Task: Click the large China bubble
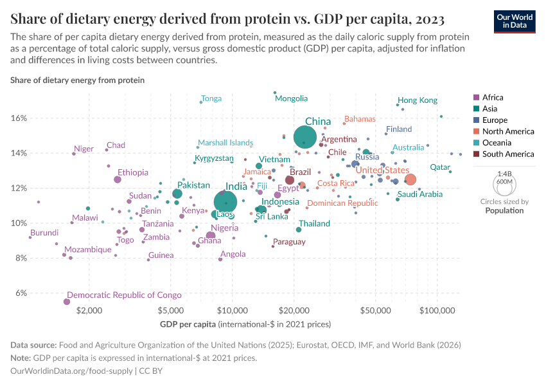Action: pyautogui.click(x=305, y=137)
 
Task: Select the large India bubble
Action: pyautogui.click(x=225, y=202)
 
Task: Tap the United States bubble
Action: pyautogui.click(x=410, y=179)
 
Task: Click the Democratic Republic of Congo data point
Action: pyautogui.click(x=67, y=302)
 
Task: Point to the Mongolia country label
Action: pyautogui.click(x=291, y=98)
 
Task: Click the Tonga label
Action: pyautogui.click(x=211, y=99)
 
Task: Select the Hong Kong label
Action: pyautogui.click(x=417, y=100)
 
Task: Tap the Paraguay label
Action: pyautogui.click(x=289, y=242)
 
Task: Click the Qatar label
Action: pyautogui.click(x=440, y=167)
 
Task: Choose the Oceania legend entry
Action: pyautogui.click(x=497, y=143)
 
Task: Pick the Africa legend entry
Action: pyautogui.click(x=492, y=98)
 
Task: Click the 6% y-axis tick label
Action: pyautogui.click(x=20, y=293)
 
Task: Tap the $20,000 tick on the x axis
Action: pyautogui.click(x=294, y=309)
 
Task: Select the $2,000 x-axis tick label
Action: pyautogui.click(x=89, y=309)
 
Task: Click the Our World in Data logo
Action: pyautogui.click(x=515, y=21)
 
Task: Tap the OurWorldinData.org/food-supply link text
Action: pyautogui.click(x=71, y=371)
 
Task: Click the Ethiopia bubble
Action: pyautogui.click(x=118, y=179)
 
